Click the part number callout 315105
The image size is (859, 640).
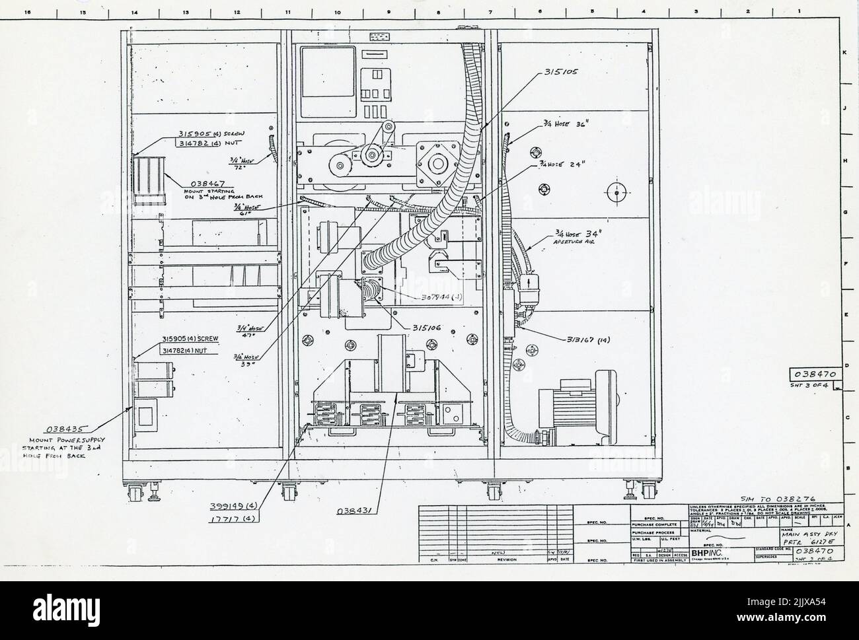tap(560, 72)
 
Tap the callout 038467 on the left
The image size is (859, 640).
tap(209, 183)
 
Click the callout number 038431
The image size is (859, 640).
tap(357, 511)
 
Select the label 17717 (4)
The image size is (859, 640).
tap(233, 518)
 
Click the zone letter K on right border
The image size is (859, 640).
tap(842, 53)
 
